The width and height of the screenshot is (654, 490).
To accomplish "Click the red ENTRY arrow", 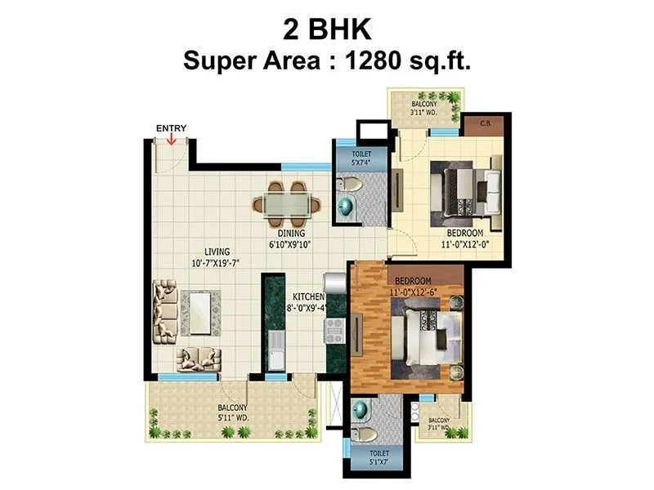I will [172, 140].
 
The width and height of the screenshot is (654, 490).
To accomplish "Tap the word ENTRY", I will [172, 127].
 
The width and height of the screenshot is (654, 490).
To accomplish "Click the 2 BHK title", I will [327, 30].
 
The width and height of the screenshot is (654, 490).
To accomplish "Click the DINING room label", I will [291, 233].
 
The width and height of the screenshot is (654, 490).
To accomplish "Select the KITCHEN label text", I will [309, 296].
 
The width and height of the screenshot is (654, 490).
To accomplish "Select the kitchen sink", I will [274, 352].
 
